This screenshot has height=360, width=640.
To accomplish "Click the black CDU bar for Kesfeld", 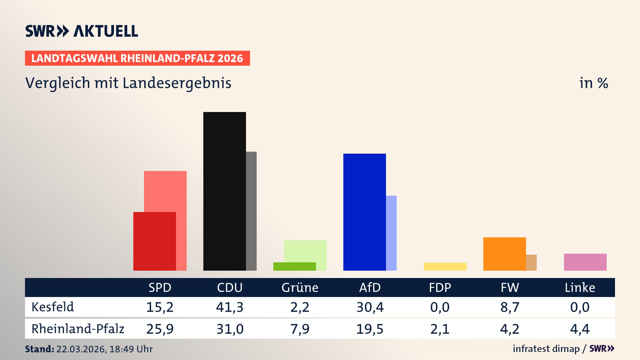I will tap(224, 191).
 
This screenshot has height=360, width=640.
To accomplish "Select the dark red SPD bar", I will tap(154, 241).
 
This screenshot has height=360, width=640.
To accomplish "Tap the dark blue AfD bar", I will tap(364, 212).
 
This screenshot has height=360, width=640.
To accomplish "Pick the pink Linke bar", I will tap(585, 262).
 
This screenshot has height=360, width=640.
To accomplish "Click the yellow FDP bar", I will tap(445, 266).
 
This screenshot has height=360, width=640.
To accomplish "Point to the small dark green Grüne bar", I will tap(294, 266).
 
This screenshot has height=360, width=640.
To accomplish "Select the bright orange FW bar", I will tap(504, 254).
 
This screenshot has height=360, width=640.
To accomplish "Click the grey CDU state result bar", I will tap(251, 211).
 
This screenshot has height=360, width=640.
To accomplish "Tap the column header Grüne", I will tap(300, 287).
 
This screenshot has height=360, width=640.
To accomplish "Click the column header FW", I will tap(510, 287).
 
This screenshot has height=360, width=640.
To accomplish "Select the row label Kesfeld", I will tap(53, 307).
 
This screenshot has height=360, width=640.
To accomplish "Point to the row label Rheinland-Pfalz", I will tap(78, 329).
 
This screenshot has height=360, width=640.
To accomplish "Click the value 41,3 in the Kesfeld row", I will tap(230, 307).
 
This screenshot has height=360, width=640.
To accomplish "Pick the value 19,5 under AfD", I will tap(370, 329).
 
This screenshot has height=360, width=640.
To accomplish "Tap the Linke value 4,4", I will tap(580, 329).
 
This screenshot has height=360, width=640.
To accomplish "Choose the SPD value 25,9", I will tap(160, 329).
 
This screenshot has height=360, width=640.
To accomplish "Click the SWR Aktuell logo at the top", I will tap(82, 31).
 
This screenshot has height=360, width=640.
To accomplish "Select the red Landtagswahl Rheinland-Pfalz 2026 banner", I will tap(137, 58).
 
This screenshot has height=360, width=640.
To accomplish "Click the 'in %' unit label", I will tap(593, 83).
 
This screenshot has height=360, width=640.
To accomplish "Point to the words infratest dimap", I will tap(546, 349).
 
